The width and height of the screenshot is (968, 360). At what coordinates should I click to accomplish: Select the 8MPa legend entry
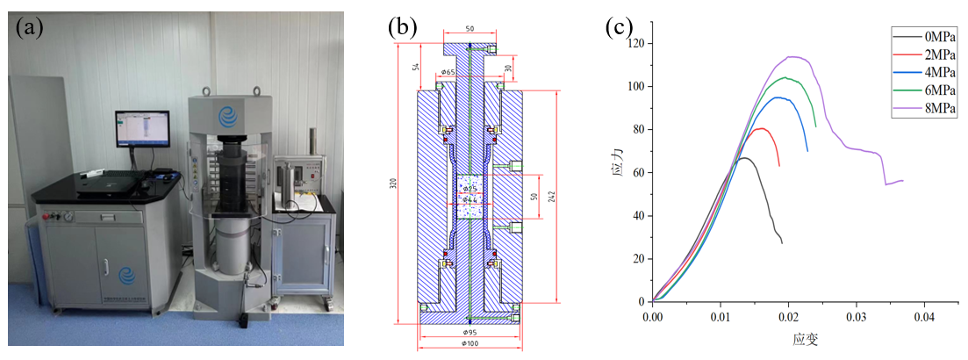[936, 108]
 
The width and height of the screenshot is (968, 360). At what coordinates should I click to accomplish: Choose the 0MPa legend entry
[936, 36]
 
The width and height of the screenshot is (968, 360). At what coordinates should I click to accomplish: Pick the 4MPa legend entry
[936, 72]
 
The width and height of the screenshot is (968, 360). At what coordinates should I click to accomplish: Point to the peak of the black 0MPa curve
[744, 158]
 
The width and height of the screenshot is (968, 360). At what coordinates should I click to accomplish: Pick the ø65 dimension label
[448, 72]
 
